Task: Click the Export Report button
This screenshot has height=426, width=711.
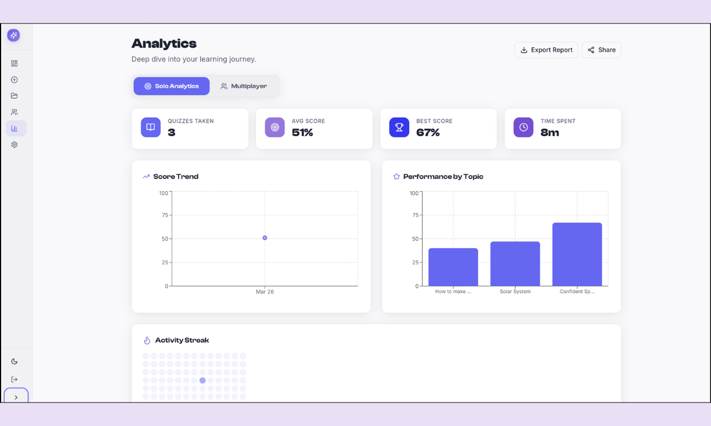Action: coord(546,50)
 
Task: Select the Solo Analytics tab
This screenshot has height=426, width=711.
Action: coord(171,86)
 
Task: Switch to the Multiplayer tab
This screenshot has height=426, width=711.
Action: coord(244,86)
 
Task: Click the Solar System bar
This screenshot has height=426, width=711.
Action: coord(515,263)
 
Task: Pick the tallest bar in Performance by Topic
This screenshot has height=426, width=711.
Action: coord(577,254)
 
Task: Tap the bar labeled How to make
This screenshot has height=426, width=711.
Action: coord(453,267)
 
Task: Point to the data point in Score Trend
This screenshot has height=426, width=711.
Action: coord(265,238)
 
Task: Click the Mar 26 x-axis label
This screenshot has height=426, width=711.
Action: coord(265,292)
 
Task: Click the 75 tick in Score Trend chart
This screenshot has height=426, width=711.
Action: coord(165,215)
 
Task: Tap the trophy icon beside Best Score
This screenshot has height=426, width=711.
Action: coord(399,127)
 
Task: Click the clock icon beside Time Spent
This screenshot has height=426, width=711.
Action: coord(523,127)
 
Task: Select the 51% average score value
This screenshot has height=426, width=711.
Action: coord(302,133)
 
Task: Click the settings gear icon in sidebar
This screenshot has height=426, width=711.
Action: coord(15,145)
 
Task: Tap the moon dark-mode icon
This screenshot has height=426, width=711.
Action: coord(15,362)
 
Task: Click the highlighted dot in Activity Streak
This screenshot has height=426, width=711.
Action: coord(203,381)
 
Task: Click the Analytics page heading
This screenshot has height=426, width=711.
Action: coord(164,44)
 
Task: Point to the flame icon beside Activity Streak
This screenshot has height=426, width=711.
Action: coord(147,340)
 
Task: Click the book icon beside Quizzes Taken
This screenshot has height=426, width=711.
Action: coord(151,127)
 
